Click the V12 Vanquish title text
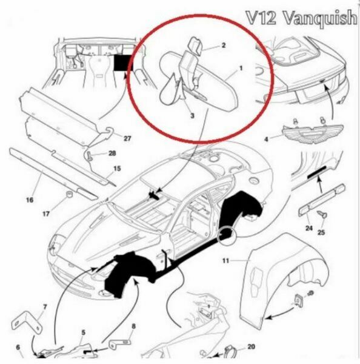(x=302, y=18)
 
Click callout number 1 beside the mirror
(x=241, y=69)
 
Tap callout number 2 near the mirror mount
(x=224, y=45)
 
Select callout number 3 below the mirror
(x=192, y=115)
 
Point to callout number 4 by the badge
(x=266, y=139)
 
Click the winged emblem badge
(x=313, y=133)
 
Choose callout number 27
(x=127, y=138)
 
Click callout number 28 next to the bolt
(x=112, y=153)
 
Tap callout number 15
(x=117, y=168)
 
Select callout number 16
(x=30, y=200)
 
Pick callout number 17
(x=46, y=214)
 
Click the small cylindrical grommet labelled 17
(x=69, y=195)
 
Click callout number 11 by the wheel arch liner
(x=225, y=261)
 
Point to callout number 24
(x=309, y=228)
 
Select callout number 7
(x=45, y=307)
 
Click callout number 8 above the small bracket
(x=133, y=326)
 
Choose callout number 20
(x=251, y=346)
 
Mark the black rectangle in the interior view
(x=123, y=62)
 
